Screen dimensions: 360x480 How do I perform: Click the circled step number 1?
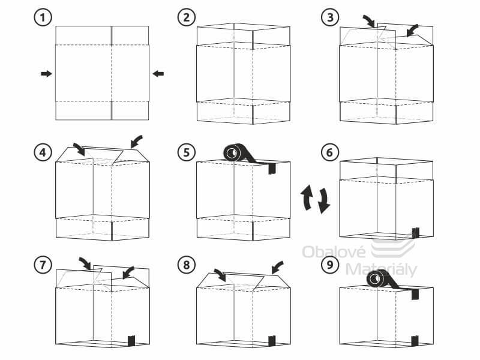pyautogui.click(x=42, y=17)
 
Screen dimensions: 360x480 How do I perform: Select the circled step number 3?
pyautogui.click(x=328, y=17)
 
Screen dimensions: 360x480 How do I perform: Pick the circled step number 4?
pyautogui.click(x=42, y=152)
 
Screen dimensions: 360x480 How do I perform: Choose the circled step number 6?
pyautogui.click(x=328, y=152)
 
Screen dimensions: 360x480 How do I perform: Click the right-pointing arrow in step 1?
pyautogui.click(x=46, y=73)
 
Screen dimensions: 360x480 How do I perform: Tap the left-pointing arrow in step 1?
pyautogui.click(x=158, y=73)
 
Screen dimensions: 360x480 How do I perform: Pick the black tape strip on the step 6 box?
pyautogui.click(x=415, y=232)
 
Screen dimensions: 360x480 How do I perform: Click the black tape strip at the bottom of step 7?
pyautogui.click(x=131, y=341)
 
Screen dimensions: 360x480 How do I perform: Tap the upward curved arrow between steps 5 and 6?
pyautogui.click(x=307, y=197)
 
